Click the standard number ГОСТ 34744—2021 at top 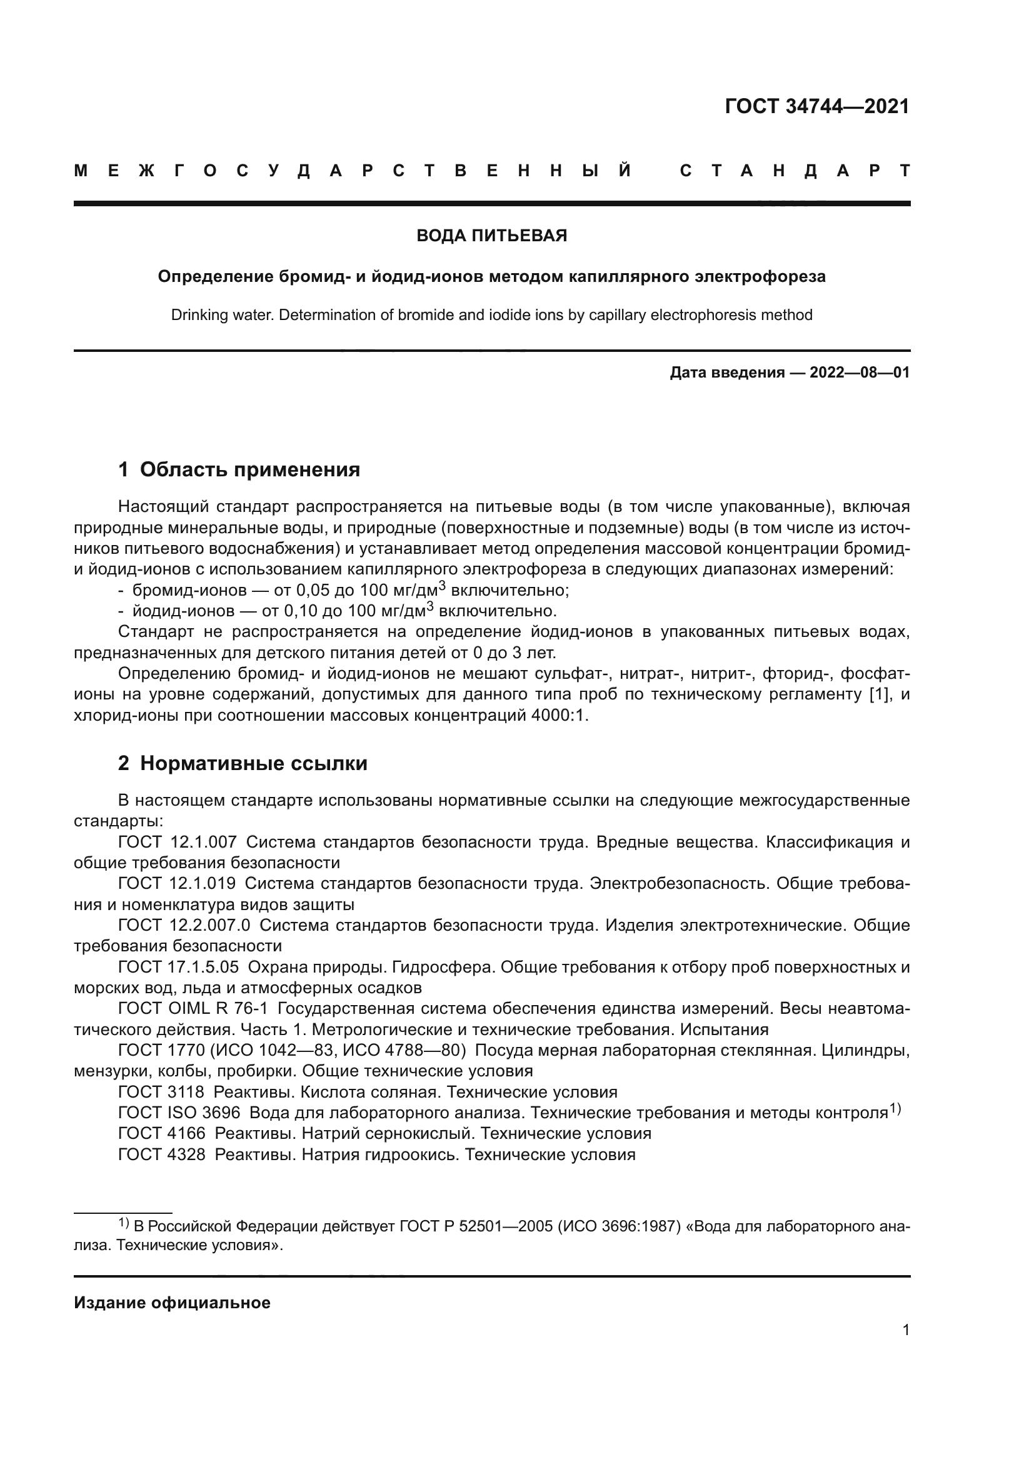[817, 106]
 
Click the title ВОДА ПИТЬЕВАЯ [491, 236]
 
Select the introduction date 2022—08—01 [859, 373]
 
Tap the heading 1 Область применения [239, 470]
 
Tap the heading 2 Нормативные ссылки [243, 763]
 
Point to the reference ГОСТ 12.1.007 [177, 843]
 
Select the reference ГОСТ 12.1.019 [177, 884]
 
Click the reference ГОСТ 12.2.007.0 [184, 925]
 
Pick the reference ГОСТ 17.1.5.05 [178, 967]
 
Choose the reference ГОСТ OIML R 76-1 [193, 1009]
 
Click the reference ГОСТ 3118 [161, 1092]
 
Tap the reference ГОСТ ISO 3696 [179, 1113]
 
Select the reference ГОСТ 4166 [162, 1133]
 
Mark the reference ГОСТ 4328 [162, 1154]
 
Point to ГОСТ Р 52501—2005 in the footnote [476, 1226]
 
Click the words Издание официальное [172, 1303]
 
